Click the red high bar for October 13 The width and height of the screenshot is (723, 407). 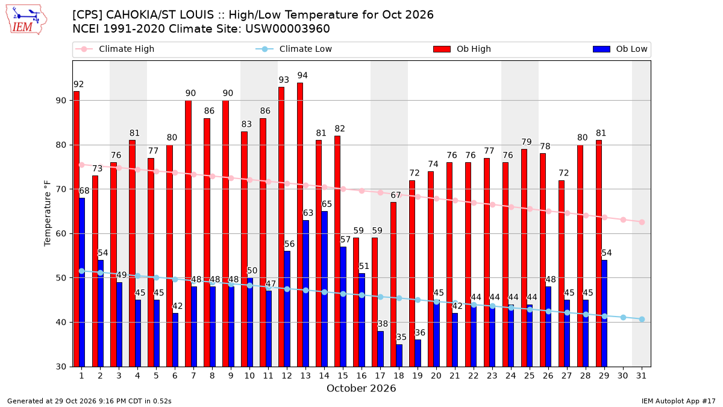click(300, 225)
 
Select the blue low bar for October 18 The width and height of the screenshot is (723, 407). click(399, 356)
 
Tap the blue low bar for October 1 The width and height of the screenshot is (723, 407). click(82, 282)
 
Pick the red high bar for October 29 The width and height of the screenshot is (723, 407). click(599, 254)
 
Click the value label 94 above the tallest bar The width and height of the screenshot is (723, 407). click(302, 75)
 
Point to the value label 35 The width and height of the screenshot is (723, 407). click(401, 337)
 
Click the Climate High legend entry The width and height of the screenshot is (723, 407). click(115, 49)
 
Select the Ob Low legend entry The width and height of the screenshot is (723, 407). click(620, 49)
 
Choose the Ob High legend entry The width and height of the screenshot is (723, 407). click(462, 49)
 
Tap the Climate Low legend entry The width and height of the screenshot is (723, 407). click(294, 49)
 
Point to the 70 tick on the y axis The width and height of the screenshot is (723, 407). click(61, 189)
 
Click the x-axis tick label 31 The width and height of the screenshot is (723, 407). click(641, 376)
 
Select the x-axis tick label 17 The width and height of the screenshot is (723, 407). click(380, 376)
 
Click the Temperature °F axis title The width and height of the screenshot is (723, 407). click(48, 213)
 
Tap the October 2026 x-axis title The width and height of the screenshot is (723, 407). click(361, 388)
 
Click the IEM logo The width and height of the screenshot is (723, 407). click(27, 20)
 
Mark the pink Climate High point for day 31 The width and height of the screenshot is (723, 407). click(642, 222)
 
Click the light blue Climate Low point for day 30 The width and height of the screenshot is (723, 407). click(623, 318)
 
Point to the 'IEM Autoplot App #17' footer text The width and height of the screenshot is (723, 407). click(678, 401)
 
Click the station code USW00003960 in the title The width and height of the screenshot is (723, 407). click(287, 29)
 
